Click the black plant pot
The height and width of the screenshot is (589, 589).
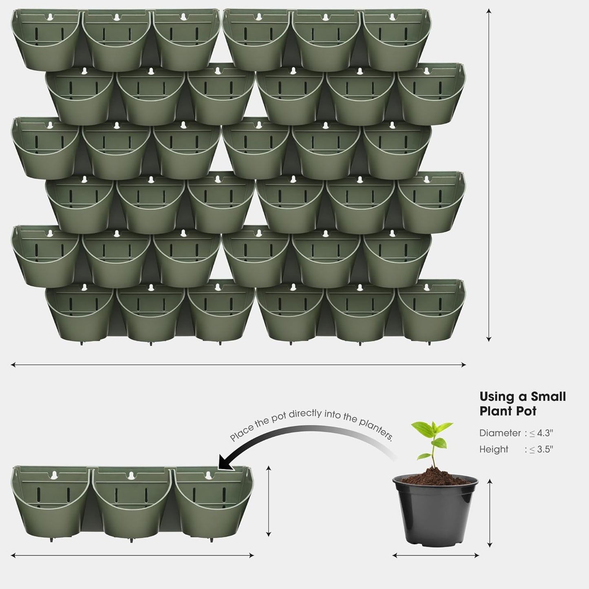[435, 514]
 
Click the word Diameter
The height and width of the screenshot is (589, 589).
[500, 433]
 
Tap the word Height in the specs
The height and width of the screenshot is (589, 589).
[494, 449]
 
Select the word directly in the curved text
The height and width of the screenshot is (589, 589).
[309, 414]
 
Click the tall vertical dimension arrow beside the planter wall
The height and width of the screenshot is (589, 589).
[489, 175]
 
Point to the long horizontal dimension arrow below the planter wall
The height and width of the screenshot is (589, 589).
[238, 365]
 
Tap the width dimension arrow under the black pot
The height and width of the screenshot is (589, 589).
[435, 555]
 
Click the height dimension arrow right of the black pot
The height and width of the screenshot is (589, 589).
[490, 513]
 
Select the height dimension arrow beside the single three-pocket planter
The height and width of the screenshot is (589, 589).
[268, 501]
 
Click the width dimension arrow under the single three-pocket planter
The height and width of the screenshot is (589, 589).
[132, 555]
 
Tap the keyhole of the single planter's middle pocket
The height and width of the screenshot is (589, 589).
[131, 475]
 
